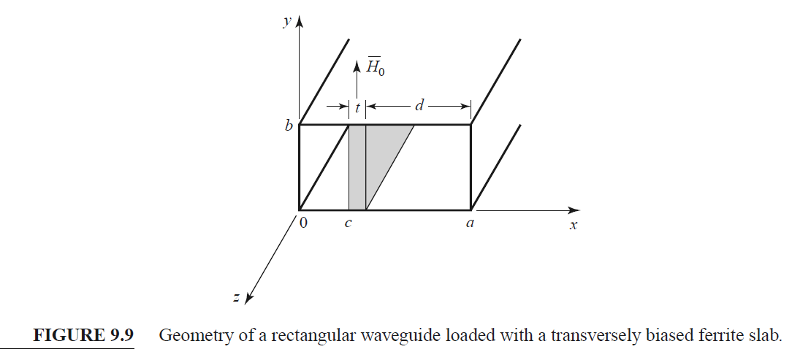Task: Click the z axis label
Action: (x=236, y=297)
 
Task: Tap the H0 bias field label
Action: (x=375, y=69)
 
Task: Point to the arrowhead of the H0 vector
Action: (x=357, y=66)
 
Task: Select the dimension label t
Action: (x=357, y=107)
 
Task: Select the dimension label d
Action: (x=419, y=107)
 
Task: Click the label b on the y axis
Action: (x=289, y=126)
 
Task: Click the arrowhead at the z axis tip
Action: (x=249, y=297)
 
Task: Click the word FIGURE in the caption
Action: (x=66, y=337)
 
